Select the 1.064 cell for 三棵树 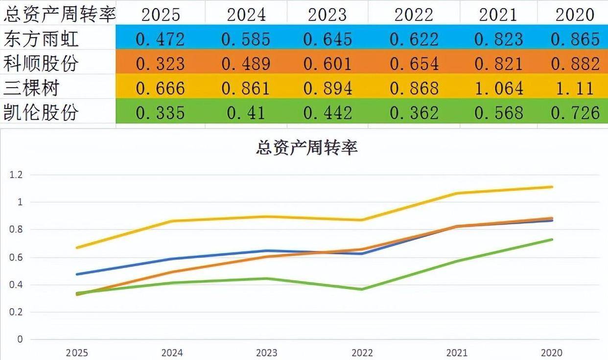pos(499,89)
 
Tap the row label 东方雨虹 pos(41,38)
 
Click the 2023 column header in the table pos(327,15)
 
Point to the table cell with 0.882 pos(575,64)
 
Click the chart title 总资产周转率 pos(307,147)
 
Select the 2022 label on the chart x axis pos(362,353)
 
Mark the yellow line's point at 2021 pos(457,193)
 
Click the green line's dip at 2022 pos(362,289)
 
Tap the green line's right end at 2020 pos(552,239)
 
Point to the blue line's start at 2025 pos(77,274)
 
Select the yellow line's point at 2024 pos(172,221)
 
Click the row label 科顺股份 pos(41,63)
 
